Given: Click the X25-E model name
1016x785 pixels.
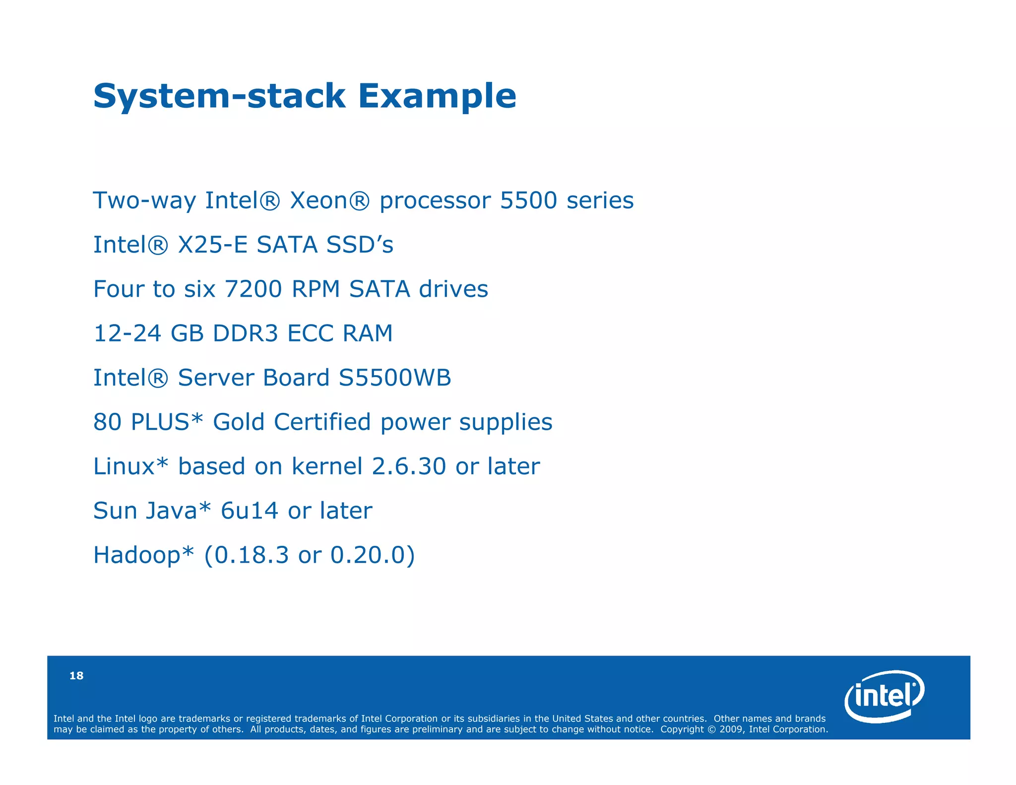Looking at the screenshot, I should point(212,245).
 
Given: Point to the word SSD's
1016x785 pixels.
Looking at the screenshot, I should point(360,245).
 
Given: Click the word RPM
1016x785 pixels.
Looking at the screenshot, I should point(316,289).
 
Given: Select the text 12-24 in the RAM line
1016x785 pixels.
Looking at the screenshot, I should point(127,333).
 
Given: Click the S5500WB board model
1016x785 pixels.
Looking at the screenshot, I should point(394,378).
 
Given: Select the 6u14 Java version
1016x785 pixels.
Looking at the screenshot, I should point(249,511).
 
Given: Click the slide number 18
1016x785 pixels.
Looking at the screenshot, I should point(76,675).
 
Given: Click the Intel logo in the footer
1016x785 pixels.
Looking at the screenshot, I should point(884,696).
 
